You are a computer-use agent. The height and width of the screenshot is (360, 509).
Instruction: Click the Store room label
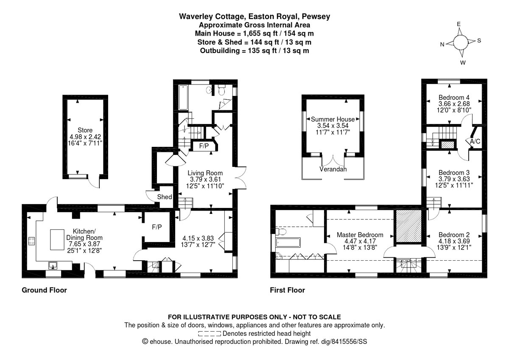(x=85, y=130)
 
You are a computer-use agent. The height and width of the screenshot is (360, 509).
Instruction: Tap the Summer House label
(x=333, y=119)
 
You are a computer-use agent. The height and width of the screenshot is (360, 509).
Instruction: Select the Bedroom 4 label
(x=454, y=97)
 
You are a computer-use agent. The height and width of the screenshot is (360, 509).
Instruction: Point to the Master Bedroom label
(x=360, y=235)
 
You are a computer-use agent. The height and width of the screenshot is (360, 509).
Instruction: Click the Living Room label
(x=205, y=173)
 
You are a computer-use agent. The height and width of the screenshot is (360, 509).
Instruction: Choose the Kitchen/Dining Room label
(x=84, y=234)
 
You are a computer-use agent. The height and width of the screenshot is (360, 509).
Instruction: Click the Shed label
(x=165, y=197)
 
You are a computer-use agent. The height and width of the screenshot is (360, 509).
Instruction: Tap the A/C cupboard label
(x=475, y=141)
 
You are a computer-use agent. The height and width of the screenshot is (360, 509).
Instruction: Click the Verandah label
(x=333, y=169)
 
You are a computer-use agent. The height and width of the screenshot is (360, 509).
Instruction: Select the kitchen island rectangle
(x=57, y=240)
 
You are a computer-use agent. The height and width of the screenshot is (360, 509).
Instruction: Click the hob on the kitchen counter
(x=31, y=241)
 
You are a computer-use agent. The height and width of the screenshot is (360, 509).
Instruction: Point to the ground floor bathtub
(x=183, y=98)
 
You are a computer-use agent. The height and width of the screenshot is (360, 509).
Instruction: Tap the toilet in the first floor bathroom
(x=281, y=232)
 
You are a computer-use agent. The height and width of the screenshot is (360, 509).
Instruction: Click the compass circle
(x=461, y=42)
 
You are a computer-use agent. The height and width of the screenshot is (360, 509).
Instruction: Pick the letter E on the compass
(x=459, y=24)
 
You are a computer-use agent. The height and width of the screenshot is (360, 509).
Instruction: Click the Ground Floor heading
(x=44, y=290)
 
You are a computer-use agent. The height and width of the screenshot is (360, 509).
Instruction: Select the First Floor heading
(x=288, y=290)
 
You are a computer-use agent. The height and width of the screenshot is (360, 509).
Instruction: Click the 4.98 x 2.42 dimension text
(x=85, y=137)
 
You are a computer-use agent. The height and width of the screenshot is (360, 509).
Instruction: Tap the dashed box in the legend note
(x=210, y=334)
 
